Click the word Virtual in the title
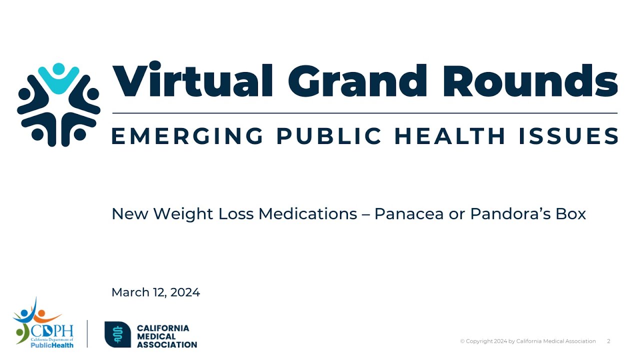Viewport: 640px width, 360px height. coord(193,80)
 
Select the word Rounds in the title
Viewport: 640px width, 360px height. coord(530,80)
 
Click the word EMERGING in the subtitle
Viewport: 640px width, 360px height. coord(187,136)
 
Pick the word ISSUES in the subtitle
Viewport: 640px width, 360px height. coord(568,136)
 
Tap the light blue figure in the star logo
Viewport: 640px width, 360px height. coord(59,78)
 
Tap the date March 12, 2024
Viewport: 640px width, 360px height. coord(155,292)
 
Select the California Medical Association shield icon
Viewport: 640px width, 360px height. coord(117,334)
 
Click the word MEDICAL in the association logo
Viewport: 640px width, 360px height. coord(156,336)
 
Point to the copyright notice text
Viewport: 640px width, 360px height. coord(528,341)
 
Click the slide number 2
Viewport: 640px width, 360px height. coord(608,341)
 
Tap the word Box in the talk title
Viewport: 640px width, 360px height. coord(573,214)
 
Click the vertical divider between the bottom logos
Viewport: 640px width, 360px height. coord(87,333)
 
